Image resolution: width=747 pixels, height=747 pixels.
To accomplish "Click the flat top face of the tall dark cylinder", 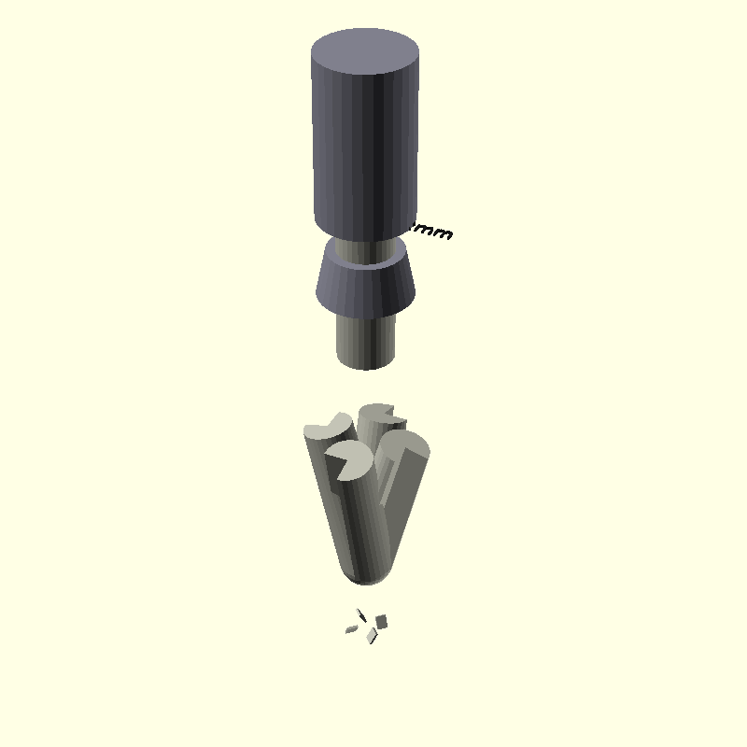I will point(364,54).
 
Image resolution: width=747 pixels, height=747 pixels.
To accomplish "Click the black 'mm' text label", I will point(433,231).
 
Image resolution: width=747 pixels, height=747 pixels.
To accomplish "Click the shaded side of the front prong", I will point(359,523).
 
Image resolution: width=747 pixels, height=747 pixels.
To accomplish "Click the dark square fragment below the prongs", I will point(381,621).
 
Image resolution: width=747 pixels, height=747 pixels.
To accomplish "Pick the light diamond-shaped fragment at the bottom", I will point(372,635).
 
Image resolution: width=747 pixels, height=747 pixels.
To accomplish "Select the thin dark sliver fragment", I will point(361,615).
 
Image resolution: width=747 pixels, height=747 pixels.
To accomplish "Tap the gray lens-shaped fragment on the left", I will point(351,629).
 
